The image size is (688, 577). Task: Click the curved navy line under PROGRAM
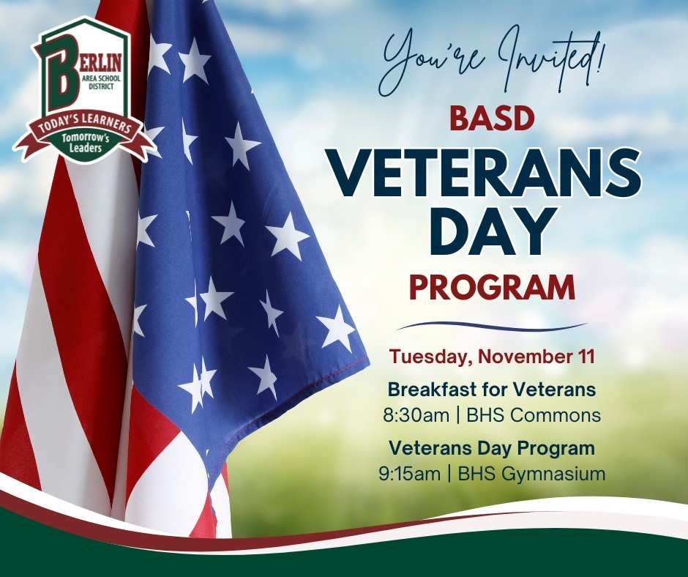(x=491, y=326)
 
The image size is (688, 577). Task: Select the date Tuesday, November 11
(x=491, y=357)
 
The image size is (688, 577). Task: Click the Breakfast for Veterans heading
(x=491, y=388)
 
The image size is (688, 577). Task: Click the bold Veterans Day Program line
(x=491, y=447)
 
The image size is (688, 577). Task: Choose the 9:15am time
(x=409, y=474)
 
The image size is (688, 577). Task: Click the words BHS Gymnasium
(x=531, y=474)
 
